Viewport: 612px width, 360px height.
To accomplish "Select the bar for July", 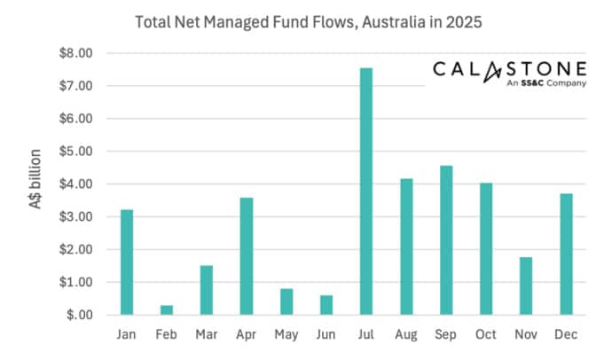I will click(x=366, y=192).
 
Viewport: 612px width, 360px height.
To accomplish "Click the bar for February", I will click(x=166, y=309).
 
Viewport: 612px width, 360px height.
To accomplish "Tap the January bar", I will click(x=126, y=262).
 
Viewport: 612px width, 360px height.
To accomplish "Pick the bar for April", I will click(x=247, y=256).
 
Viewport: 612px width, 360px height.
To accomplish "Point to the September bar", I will click(x=446, y=240).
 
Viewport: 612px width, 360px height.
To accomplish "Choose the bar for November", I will click(x=526, y=286).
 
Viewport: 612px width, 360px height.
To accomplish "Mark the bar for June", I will click(x=326, y=305).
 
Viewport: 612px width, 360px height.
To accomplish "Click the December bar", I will click(x=566, y=254).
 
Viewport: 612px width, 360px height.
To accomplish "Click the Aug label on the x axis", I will click(x=406, y=335).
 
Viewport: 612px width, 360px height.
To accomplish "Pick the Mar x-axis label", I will click(x=206, y=335).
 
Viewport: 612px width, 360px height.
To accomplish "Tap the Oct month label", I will click(x=486, y=335).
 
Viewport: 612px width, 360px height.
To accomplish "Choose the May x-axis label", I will click(x=286, y=335).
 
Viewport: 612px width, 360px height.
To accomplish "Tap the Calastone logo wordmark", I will click(x=509, y=69).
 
